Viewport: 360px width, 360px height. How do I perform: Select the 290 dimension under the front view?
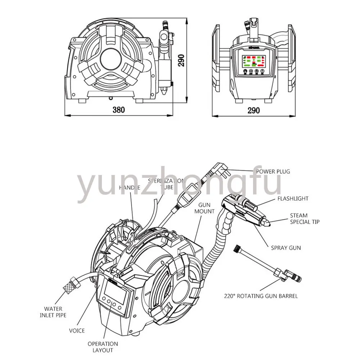coord(253,110)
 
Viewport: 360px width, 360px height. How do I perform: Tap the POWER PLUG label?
coord(273,171)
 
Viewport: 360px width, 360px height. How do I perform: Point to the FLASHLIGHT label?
coord(293,198)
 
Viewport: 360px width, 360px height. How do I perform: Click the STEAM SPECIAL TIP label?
coord(305,219)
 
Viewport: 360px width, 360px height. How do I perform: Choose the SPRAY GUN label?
coord(286,248)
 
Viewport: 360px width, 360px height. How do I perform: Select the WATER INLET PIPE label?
coord(53,312)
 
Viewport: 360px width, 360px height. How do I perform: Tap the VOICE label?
coord(77,330)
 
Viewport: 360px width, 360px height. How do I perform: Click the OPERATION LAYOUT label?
coord(103,347)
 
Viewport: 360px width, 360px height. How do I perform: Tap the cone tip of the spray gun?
coord(268,222)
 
